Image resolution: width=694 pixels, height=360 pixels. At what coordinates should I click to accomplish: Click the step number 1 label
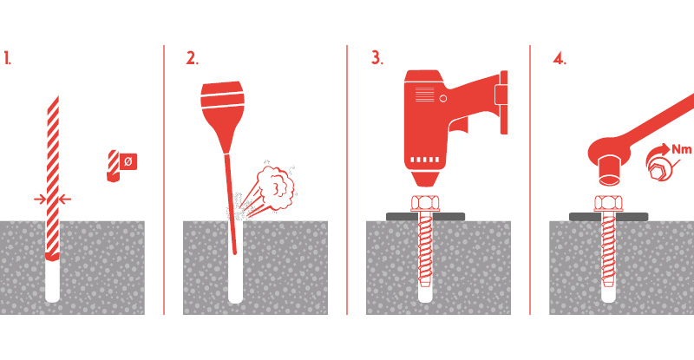click(7, 58)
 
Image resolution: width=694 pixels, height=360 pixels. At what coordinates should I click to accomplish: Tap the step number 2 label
click(192, 58)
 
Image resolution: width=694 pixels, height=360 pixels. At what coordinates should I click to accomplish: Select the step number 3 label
click(376, 58)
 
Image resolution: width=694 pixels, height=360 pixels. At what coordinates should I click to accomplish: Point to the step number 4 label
click(559, 58)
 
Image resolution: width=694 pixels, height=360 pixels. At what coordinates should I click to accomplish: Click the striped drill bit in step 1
click(53, 177)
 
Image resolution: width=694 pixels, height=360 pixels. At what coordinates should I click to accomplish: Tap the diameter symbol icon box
click(128, 161)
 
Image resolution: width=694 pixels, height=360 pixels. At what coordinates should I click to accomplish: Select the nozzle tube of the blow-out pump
click(231, 204)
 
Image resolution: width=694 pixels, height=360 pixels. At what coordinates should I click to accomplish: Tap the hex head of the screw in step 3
click(424, 203)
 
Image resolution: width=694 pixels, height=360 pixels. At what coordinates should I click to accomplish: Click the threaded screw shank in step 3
click(425, 249)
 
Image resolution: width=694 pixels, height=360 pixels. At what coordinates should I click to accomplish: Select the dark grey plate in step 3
click(425, 217)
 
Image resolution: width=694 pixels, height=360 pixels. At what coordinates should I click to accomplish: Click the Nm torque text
click(681, 149)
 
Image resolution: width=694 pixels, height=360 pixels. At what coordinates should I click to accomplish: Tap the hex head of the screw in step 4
click(608, 203)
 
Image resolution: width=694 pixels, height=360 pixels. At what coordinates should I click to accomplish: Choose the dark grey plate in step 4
click(609, 217)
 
